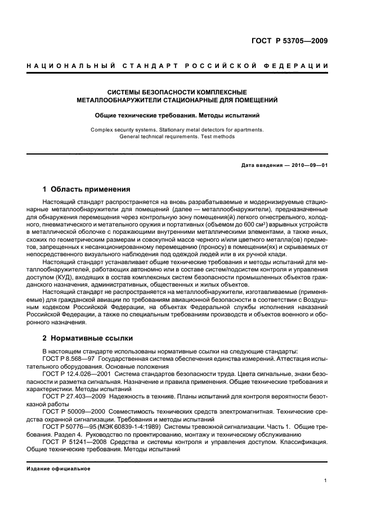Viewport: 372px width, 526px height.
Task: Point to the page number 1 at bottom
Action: click(326, 480)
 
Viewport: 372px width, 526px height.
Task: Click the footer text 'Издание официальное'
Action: click(55, 468)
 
